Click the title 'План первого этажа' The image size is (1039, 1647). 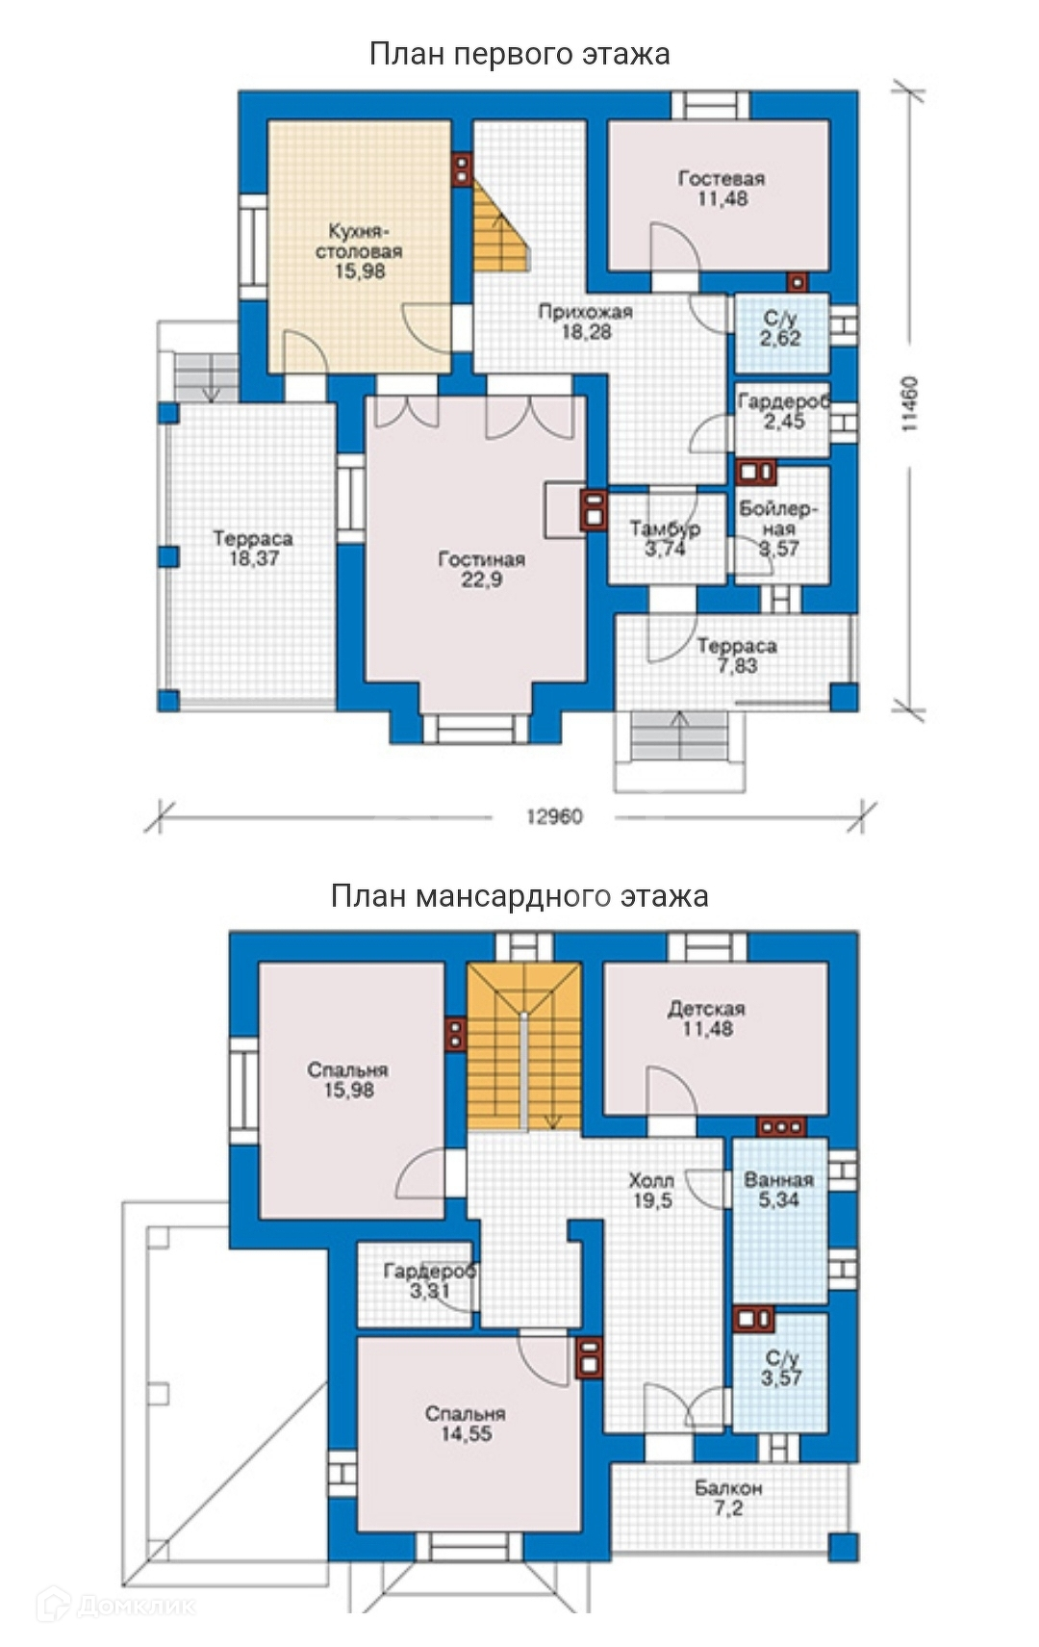(x=519, y=55)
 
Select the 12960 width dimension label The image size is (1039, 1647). (x=555, y=817)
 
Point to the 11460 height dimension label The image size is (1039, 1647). (x=910, y=403)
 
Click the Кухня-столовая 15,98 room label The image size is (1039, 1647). (x=359, y=251)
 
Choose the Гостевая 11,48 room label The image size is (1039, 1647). (x=722, y=189)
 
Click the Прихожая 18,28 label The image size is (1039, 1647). (x=586, y=322)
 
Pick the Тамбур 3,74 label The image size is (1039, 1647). (x=665, y=538)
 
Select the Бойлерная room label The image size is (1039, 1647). (x=778, y=528)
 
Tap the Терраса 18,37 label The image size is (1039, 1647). (x=254, y=549)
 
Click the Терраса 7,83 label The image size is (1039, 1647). (x=737, y=656)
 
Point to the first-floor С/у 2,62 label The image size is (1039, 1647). (x=780, y=328)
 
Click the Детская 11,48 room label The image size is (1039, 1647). (x=707, y=1018)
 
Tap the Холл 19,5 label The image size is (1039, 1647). (x=651, y=1191)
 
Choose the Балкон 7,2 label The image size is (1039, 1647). (x=728, y=1499)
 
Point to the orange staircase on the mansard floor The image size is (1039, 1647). (x=524, y=1047)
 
